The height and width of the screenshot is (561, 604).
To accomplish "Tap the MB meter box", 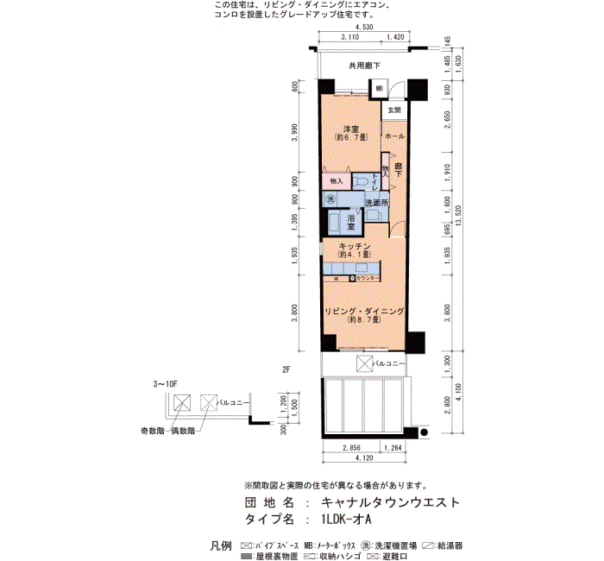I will pos(379,89).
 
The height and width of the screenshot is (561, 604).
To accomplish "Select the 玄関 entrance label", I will pos(393,110).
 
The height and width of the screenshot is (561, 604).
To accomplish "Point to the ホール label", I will pos(393,136).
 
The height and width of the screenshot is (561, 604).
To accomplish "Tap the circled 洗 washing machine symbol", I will pos(330,199).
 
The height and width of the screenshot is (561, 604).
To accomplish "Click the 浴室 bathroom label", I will pos(352,221).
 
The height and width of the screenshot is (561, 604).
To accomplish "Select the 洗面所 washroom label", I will pos(376,203).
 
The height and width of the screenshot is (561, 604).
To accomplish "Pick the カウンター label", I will pos(368,278).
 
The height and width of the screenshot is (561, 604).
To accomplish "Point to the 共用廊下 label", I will pos(364,66).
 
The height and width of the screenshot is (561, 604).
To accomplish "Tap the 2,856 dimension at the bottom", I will pos(351,447).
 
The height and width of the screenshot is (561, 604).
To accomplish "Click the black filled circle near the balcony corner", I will pos(423,432).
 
